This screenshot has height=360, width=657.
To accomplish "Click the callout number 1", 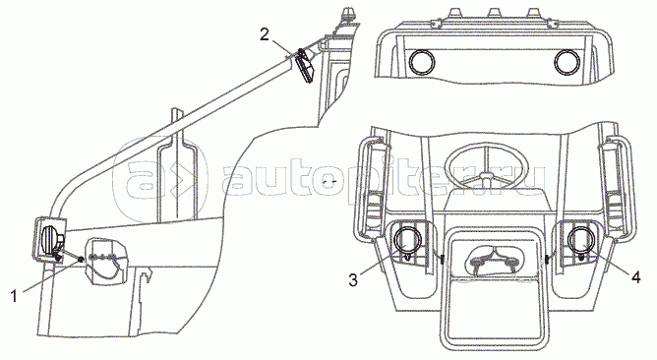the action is click(14, 296).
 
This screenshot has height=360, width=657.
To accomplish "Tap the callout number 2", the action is click(265, 34).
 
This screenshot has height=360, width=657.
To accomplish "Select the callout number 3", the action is click(353, 280).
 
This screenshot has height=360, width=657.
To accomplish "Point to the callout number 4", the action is click(636, 277).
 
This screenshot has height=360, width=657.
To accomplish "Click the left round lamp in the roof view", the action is click(422, 62).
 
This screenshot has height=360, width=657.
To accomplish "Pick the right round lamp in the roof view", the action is click(567, 62).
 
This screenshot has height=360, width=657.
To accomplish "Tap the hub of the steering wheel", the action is click(487, 176).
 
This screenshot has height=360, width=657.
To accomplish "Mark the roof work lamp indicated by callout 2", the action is click(305, 64).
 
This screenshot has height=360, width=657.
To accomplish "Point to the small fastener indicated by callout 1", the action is click(80, 261).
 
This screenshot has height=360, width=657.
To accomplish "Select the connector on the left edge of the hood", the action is click(442, 260).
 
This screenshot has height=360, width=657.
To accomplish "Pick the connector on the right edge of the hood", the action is click(548, 260).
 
